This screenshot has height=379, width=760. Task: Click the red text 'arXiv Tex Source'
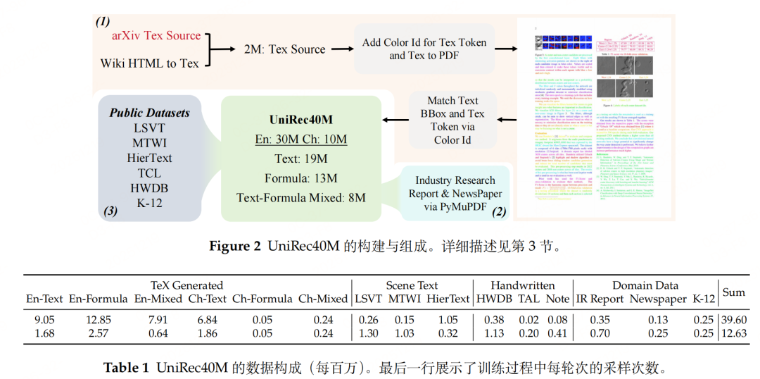coord(156,35)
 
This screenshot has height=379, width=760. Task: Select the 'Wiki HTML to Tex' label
coord(149,63)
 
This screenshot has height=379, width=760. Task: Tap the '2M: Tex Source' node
coord(284,49)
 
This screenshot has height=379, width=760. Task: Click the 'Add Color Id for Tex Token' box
coord(424,49)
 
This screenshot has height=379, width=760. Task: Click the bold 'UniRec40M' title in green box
coord(300,120)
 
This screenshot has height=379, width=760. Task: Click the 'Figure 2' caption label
coord(235,247)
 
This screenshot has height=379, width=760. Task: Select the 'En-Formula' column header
coord(98,299)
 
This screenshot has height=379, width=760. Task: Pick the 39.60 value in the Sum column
coord(733,320)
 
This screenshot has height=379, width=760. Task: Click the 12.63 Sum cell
coord(733,333)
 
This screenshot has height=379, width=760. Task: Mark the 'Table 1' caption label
coord(126,368)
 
